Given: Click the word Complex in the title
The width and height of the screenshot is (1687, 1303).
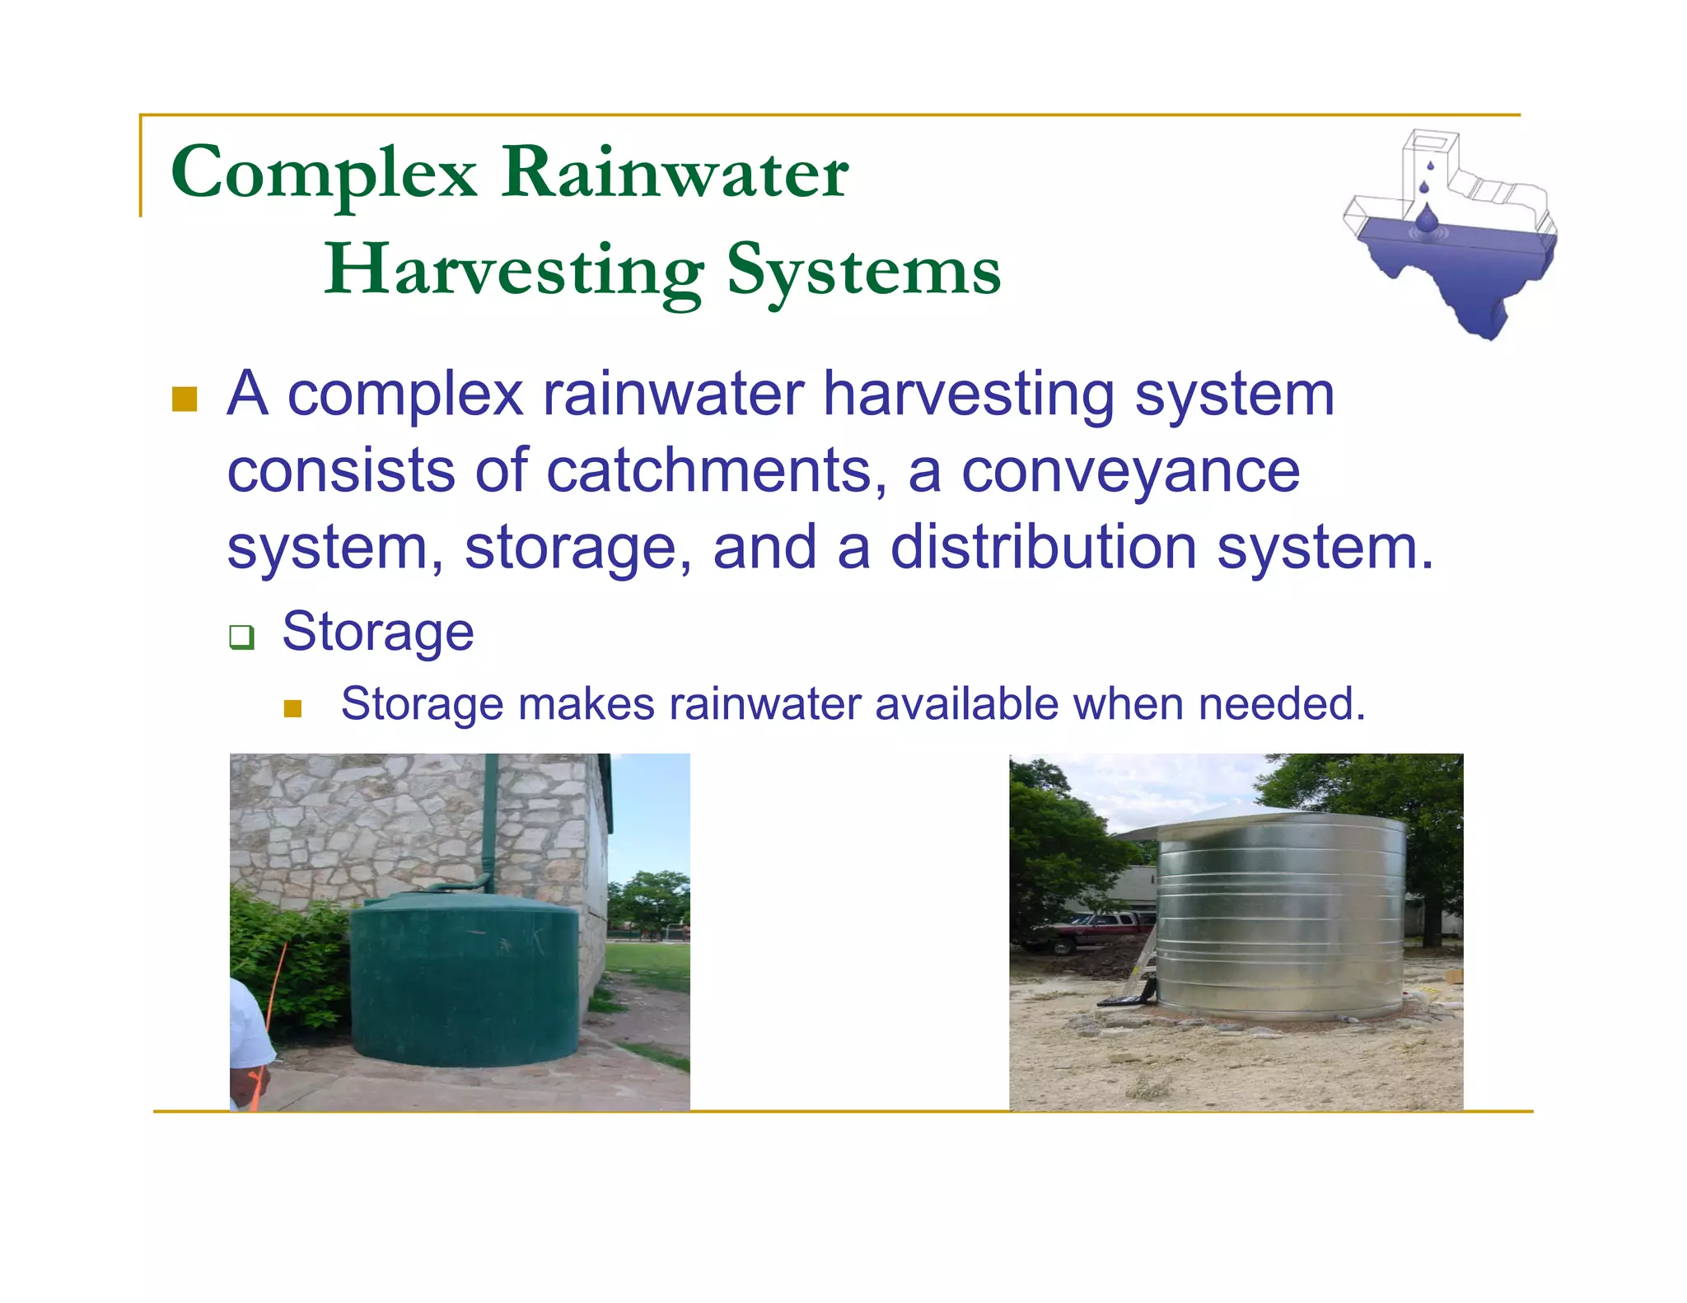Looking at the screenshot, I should click(323, 174).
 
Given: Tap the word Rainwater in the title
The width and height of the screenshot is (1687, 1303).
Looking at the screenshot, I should click(675, 172).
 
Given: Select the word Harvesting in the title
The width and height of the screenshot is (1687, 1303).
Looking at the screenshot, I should click(514, 271).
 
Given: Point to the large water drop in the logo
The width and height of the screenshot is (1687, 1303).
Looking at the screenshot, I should click(1427, 218).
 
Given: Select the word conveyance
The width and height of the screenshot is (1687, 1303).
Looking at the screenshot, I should click(1130, 471).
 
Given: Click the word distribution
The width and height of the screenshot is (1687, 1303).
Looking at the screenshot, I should click(1044, 548).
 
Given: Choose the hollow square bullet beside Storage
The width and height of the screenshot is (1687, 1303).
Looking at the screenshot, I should click(241, 636).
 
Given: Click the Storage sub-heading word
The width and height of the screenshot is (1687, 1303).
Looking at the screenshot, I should click(378, 633).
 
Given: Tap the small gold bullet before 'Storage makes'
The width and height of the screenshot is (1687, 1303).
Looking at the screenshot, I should click(292, 708).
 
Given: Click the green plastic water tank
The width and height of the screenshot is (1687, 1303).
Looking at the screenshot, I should click(465, 980).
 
